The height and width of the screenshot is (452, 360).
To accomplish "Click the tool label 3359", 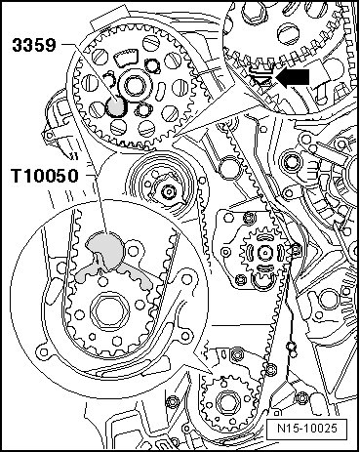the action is click(34, 45).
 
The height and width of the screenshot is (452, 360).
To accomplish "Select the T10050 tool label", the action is click(45, 176).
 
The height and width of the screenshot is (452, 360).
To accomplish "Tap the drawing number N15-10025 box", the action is click(306, 428).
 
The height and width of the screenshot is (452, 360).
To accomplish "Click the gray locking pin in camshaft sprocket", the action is click(116, 106).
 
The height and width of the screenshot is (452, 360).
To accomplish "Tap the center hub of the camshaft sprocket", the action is click(134, 86).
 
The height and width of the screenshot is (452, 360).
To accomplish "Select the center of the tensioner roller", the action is click(168, 192).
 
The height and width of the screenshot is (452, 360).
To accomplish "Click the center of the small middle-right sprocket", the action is click(265, 253).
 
